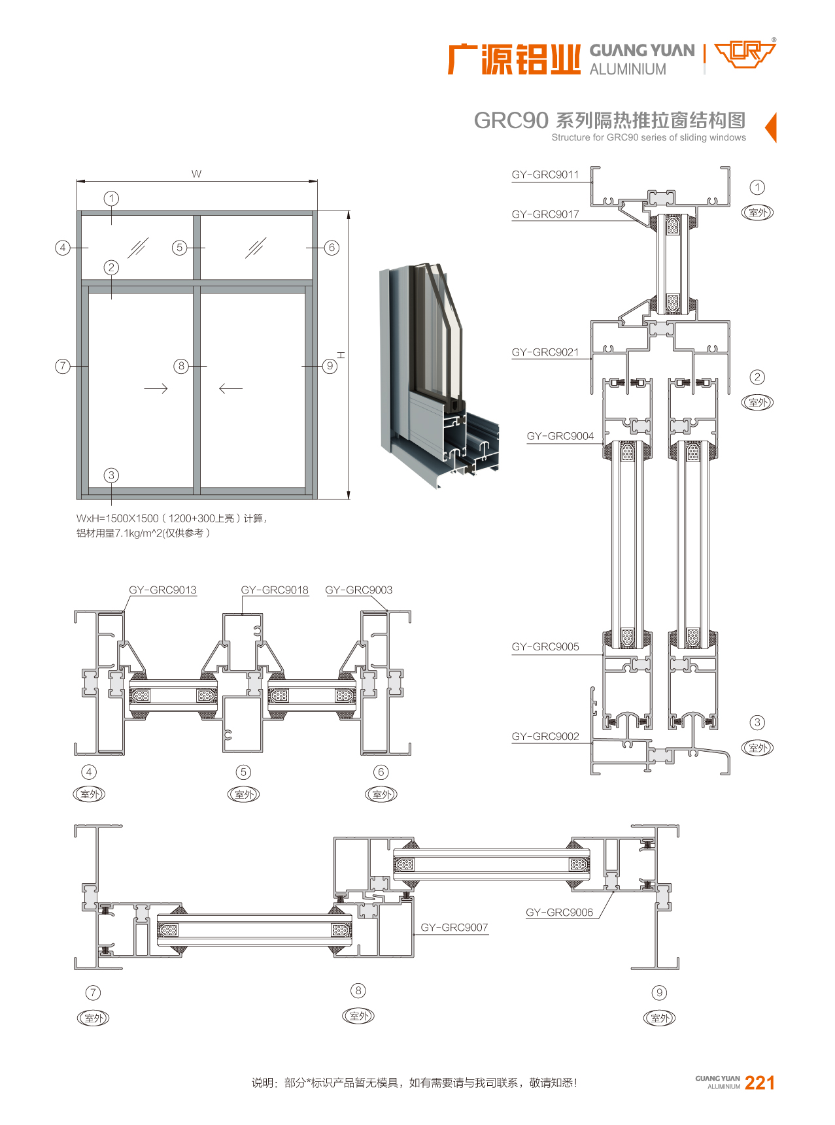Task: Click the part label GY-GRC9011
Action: (x=545, y=175)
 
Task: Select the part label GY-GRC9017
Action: (x=545, y=214)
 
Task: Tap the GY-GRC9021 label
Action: (x=545, y=352)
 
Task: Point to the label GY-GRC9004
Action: (x=560, y=436)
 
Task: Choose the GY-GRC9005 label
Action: (x=545, y=646)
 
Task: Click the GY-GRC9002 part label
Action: (x=545, y=736)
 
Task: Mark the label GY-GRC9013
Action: (x=162, y=590)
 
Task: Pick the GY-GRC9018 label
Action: (x=274, y=590)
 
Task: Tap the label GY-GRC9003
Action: (x=358, y=590)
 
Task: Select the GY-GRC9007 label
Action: (x=454, y=927)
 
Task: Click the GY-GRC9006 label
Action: (x=559, y=913)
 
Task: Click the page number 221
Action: (x=759, y=1083)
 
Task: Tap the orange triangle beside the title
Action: (x=771, y=127)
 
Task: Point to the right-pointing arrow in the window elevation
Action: (x=156, y=388)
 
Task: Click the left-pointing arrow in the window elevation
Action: (x=230, y=388)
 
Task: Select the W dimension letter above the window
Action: (x=196, y=174)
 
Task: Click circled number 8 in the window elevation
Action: (x=182, y=366)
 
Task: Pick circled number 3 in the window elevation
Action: (x=111, y=475)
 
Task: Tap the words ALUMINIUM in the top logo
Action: (x=628, y=69)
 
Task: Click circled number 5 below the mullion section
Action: (x=243, y=772)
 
